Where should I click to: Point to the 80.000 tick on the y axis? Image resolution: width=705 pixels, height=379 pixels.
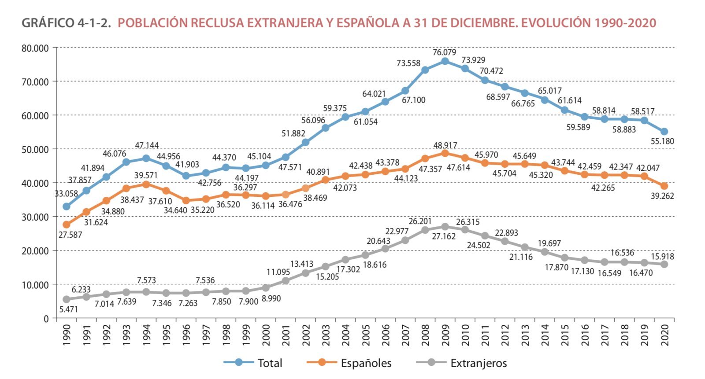(35, 48)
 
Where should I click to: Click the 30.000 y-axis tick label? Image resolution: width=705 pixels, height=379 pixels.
(35, 217)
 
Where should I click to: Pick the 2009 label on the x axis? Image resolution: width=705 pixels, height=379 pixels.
(445, 335)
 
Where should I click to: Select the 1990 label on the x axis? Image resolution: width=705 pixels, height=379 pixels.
(67, 335)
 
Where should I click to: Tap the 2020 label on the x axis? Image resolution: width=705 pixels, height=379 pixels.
(665, 335)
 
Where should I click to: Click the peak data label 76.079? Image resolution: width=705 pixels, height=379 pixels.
(444, 52)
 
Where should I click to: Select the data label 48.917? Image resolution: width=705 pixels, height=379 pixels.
(445, 145)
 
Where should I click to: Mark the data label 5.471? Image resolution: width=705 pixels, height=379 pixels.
(68, 309)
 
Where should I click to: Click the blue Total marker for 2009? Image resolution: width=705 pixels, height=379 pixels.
(445, 62)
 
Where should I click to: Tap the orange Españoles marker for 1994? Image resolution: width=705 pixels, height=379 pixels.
(146, 184)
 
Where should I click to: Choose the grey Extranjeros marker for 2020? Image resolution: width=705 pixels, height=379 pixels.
(664, 264)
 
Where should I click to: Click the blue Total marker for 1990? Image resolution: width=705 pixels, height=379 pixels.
(67, 206)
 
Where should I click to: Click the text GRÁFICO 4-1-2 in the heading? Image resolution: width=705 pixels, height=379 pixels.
(66, 23)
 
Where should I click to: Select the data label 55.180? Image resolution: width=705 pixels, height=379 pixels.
(662, 141)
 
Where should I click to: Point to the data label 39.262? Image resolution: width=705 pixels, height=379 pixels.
(662, 196)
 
